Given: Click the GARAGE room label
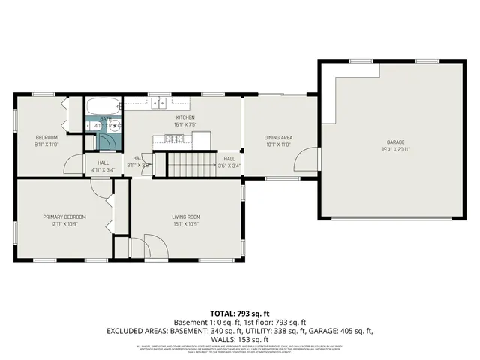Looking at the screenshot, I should click(x=395, y=142).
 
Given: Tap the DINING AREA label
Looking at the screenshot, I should click(x=277, y=137).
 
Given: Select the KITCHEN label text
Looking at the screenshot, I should click(x=184, y=118).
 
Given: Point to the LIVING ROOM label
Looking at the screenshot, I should click(x=187, y=217).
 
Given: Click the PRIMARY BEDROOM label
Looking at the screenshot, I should click(x=64, y=217).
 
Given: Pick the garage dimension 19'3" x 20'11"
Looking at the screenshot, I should click(x=395, y=148).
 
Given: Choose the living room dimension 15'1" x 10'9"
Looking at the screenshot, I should click(x=187, y=223).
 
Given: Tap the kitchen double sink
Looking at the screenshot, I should click(x=158, y=104).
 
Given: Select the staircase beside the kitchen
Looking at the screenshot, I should click(x=190, y=163).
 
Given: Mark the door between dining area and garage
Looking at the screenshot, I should click(x=307, y=160).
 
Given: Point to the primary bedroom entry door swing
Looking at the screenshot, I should click(x=98, y=187).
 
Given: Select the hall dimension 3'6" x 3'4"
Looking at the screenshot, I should click(x=229, y=166).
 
